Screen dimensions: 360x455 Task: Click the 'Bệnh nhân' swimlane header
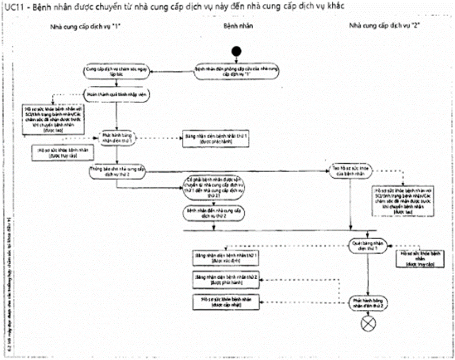(237, 26)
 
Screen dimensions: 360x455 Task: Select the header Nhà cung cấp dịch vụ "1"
(86, 26)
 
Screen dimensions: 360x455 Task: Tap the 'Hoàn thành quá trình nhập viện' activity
(117, 94)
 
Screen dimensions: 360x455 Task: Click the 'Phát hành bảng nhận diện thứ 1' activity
(117, 138)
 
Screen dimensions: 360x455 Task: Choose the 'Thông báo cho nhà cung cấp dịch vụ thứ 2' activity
(117, 173)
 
